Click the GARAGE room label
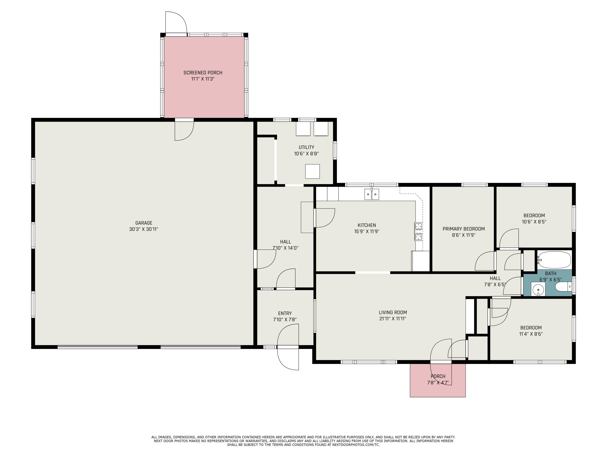[144, 223]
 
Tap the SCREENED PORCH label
[203, 73]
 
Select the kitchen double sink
[371, 194]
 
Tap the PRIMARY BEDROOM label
[464, 229]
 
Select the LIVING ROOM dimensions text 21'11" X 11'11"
[393, 319]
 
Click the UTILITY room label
[306, 147]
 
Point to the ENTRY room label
[285, 313]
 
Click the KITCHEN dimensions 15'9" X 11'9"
[367, 232]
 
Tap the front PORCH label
[438, 376]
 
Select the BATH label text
[551, 273]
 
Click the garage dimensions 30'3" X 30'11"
[144, 229]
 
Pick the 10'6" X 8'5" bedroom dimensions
[534, 222]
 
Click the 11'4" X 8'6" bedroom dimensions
[531, 334]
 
